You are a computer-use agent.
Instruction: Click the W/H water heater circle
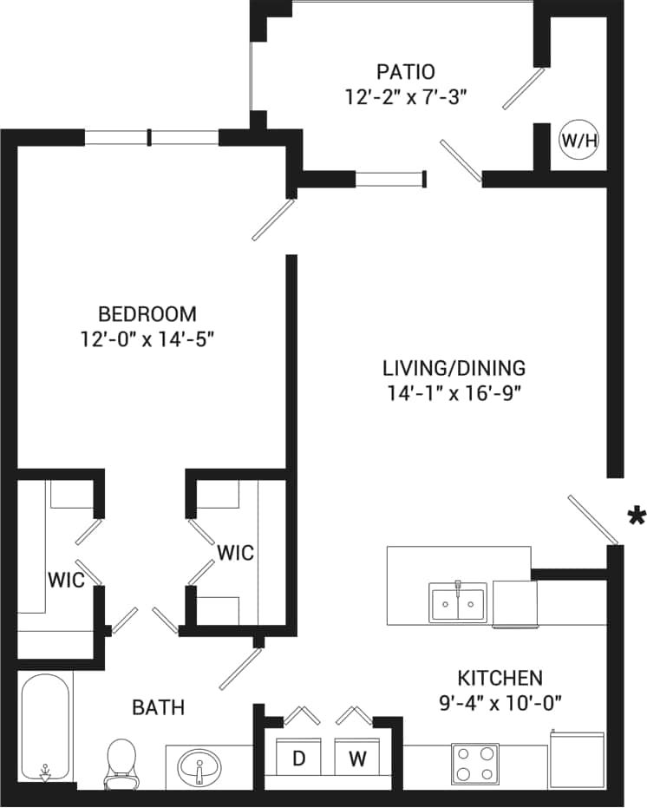point(578,141)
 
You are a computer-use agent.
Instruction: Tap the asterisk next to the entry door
point(636,517)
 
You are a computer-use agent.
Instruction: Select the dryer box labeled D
point(299,758)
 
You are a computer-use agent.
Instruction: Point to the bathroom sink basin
point(199,767)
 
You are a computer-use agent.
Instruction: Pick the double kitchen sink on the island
point(457,601)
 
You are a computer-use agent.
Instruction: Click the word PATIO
point(406,71)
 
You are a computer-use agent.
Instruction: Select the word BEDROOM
point(147,313)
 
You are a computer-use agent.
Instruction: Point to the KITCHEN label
point(500,677)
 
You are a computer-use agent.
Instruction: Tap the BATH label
point(158,707)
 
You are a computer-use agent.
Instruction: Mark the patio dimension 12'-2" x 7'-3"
point(406,95)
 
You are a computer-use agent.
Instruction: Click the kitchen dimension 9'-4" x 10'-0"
point(500,702)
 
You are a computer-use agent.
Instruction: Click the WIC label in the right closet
point(235,552)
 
